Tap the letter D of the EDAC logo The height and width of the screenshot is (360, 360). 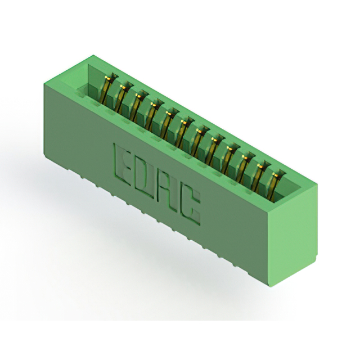tap(144, 178)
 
